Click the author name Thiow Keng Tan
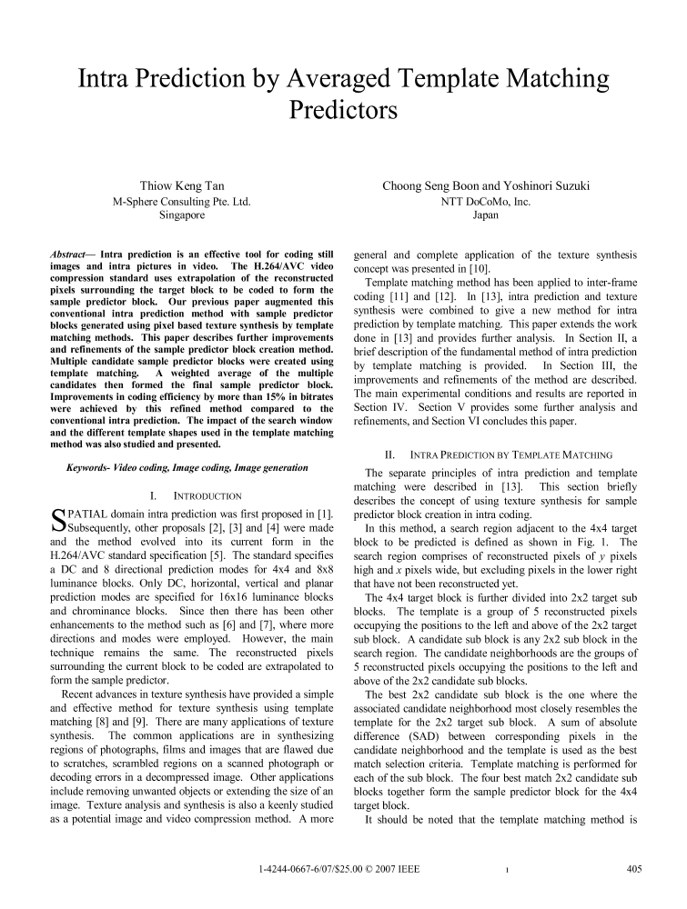tap(182, 186)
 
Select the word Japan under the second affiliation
tap(486, 216)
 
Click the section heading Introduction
tap(195, 496)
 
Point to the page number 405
tap(634, 869)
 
